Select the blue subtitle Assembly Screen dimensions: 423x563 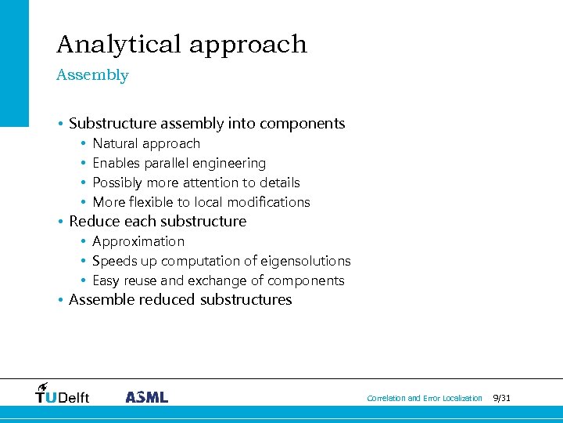coord(92,75)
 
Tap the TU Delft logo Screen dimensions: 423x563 coord(63,395)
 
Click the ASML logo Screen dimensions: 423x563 coord(146,397)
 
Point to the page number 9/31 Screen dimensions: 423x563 coord(501,399)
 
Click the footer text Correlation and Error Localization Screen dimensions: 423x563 coord(425,399)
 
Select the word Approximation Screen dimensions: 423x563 coord(138,242)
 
